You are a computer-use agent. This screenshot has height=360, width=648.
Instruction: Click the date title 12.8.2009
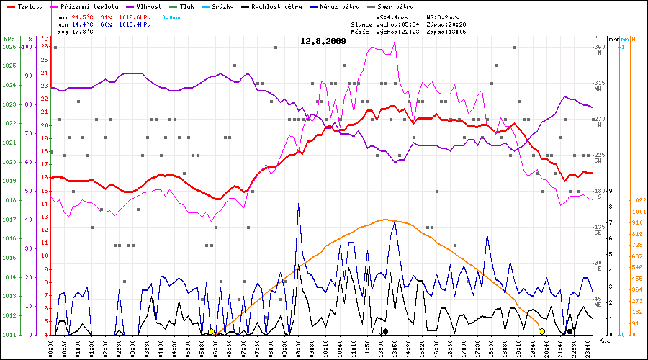(x=323, y=41)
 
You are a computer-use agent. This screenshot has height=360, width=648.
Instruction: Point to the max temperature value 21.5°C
(x=84, y=17)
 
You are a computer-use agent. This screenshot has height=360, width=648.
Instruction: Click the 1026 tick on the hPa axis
(x=9, y=47)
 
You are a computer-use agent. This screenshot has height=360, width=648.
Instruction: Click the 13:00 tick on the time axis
(x=379, y=347)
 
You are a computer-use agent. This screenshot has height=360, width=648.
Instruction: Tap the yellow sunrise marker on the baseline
(x=211, y=332)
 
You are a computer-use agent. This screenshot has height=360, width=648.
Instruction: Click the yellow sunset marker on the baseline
(x=541, y=331)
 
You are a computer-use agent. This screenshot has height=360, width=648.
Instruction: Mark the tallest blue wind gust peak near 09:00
(x=298, y=204)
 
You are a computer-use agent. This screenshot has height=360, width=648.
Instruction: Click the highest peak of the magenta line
(x=394, y=42)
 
